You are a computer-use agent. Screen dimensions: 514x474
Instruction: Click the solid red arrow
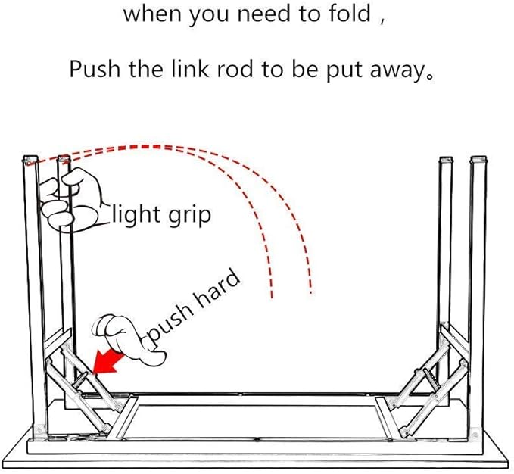[x=107, y=362]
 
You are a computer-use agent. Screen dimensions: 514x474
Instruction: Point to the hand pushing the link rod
[x=129, y=340]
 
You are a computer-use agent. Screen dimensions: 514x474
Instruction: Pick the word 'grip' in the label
[x=189, y=217]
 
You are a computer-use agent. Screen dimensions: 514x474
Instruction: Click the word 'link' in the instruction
[x=190, y=69]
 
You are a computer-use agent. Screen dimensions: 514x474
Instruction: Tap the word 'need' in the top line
[x=264, y=14]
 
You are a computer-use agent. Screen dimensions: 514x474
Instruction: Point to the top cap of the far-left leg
[x=30, y=159]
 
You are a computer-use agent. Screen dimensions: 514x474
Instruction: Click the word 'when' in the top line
[x=152, y=14]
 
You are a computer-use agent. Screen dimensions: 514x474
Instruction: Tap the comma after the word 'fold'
[x=382, y=20]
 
